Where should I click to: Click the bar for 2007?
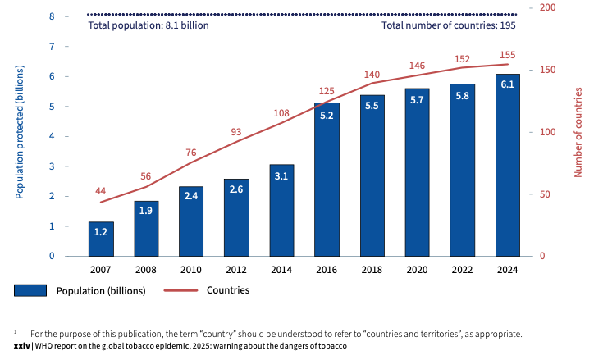[x=101, y=239]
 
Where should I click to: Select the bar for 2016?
[x=327, y=180]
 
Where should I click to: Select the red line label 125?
[x=327, y=91]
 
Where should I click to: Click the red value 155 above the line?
[x=507, y=53]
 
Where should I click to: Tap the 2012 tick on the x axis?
[x=236, y=270]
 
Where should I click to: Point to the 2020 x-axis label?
[x=417, y=270]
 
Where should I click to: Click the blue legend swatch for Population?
[x=30, y=290]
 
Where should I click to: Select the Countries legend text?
[x=227, y=290]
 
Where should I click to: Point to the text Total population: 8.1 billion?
[x=148, y=25]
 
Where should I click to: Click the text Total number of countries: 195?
[x=449, y=25]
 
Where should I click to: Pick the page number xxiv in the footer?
[x=22, y=346]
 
